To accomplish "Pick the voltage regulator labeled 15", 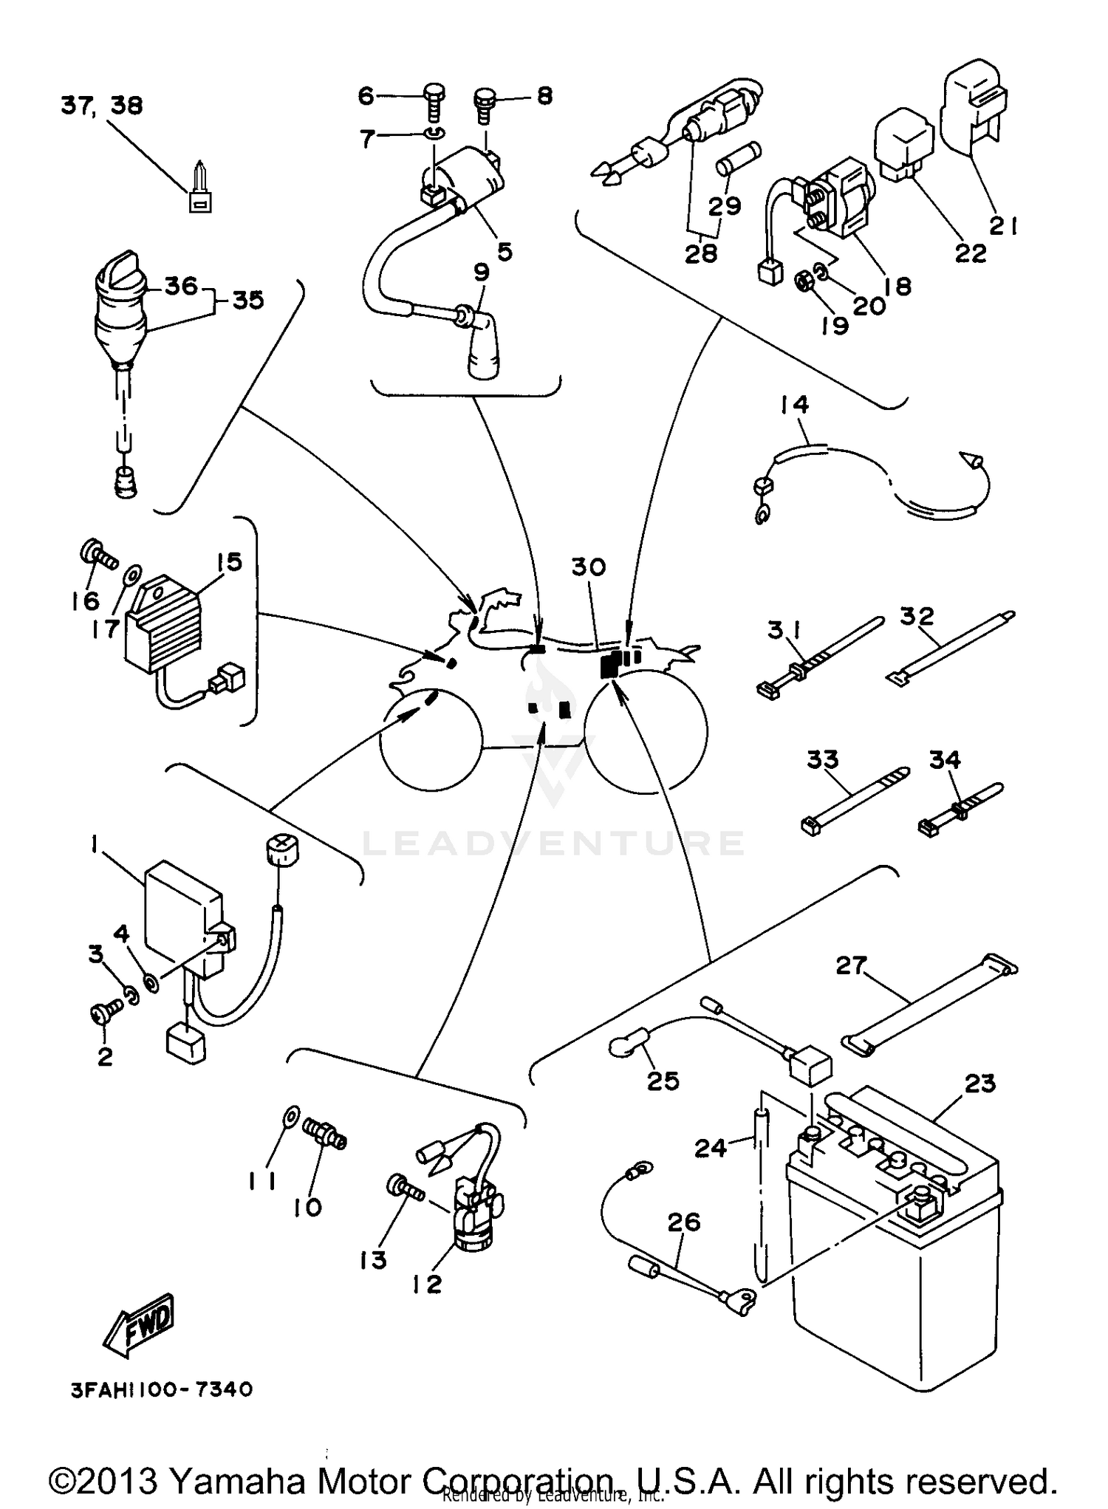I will point(164,629).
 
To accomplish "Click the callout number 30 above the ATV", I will point(589,567).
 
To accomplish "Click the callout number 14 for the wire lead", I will point(793,405).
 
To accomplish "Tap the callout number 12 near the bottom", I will point(426,1284).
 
